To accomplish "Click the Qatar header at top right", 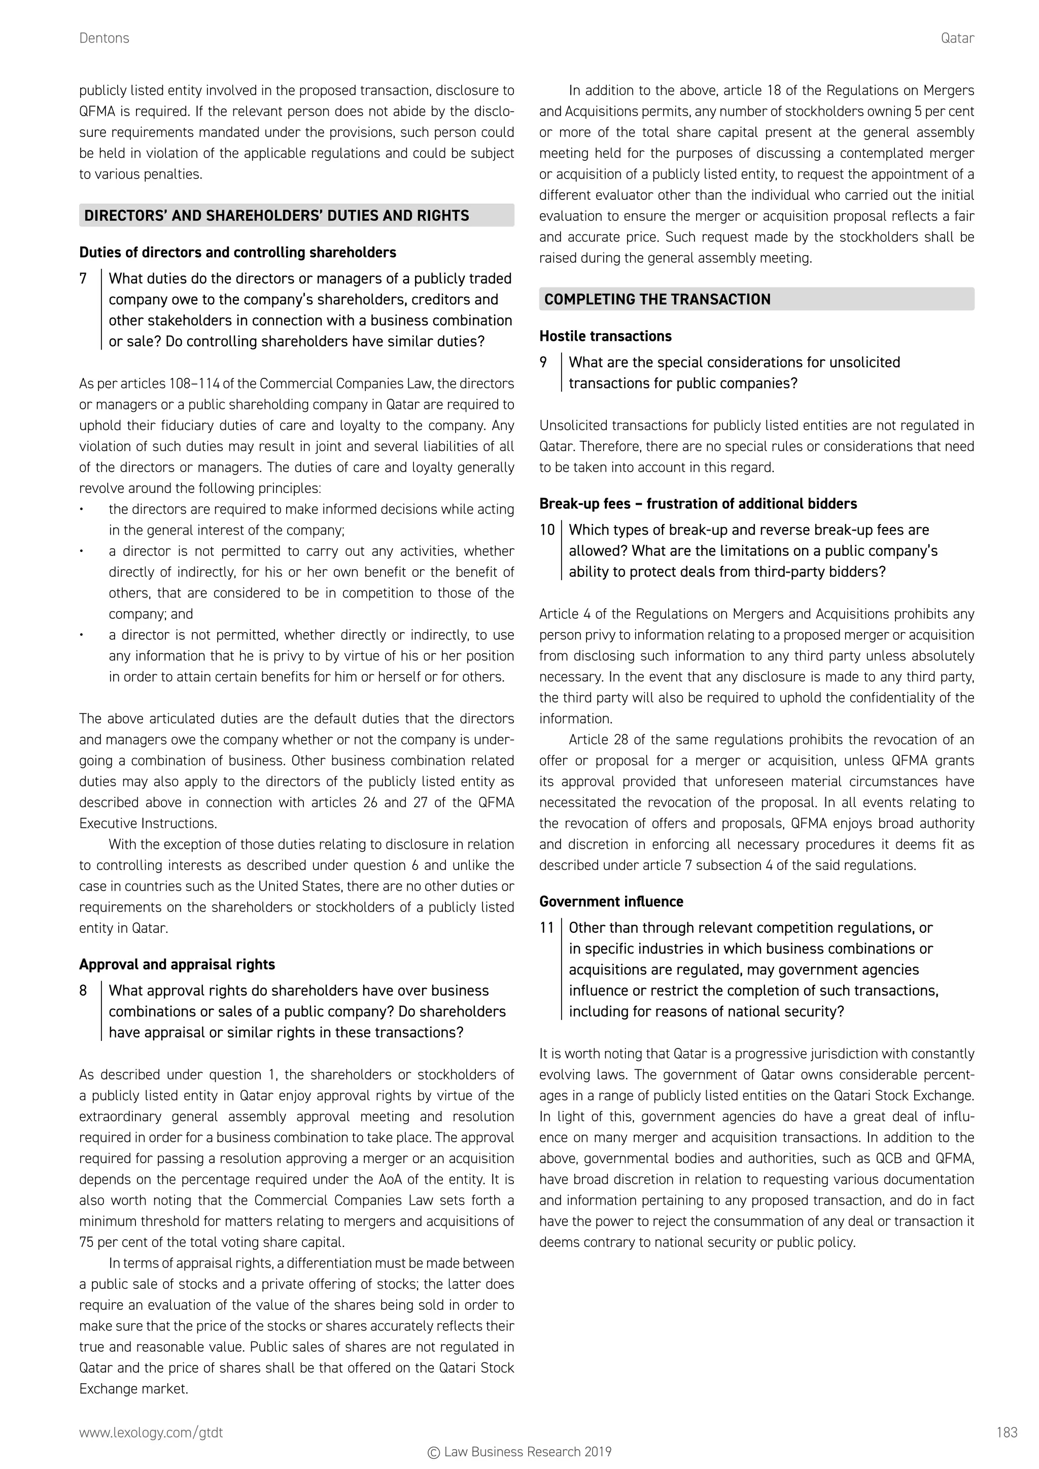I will click(957, 39).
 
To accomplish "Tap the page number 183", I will click(1007, 1432).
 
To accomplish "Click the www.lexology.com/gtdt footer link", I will click(151, 1432).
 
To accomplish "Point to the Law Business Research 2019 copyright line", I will click(519, 1452).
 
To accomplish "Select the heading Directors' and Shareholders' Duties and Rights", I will click(276, 216).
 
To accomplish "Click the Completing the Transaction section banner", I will click(657, 299).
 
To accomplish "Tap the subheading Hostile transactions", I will click(605, 336).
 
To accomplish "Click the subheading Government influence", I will click(611, 901).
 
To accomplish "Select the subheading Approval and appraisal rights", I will click(177, 964).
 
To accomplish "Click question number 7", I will click(83, 279).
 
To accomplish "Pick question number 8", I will click(83, 991).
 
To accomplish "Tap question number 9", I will click(543, 363).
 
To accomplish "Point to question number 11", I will click(546, 928).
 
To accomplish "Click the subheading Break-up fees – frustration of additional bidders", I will click(698, 504).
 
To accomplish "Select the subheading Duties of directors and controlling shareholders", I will click(237, 253).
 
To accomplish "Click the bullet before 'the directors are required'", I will click(82, 510).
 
